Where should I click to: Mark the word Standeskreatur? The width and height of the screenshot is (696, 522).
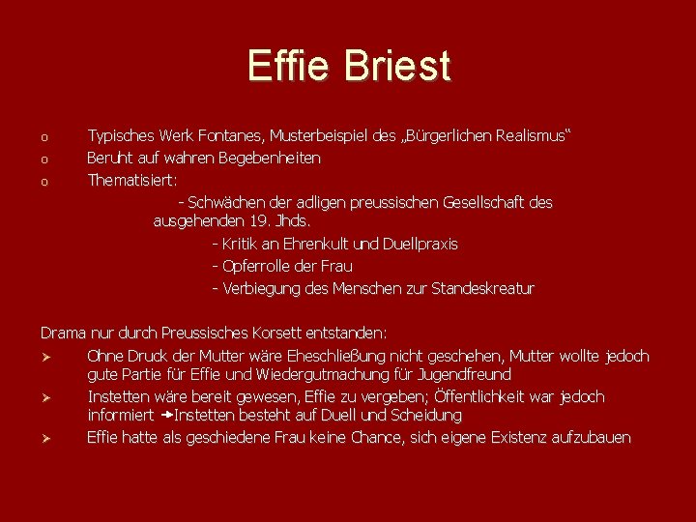[482, 288]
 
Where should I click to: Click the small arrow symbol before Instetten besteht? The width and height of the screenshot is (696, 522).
[166, 416]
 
